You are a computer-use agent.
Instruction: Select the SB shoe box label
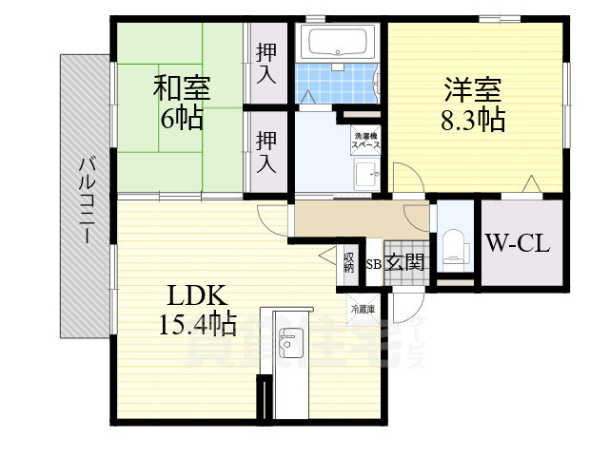pos(375,264)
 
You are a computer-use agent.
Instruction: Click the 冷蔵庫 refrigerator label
pos(363,309)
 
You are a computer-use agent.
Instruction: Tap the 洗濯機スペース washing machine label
pos(367,142)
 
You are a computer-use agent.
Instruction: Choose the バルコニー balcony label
pos(87,196)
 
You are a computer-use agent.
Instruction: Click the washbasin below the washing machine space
pos(366,175)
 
